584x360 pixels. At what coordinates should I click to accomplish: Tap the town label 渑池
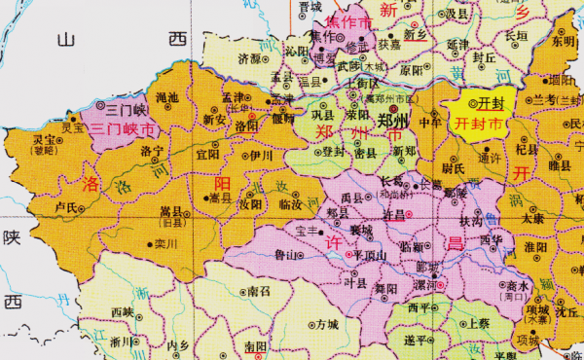click(168, 97)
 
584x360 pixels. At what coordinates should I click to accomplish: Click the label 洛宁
click(152, 153)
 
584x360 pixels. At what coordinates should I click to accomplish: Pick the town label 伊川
click(260, 154)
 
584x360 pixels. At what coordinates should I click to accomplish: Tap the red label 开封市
click(480, 125)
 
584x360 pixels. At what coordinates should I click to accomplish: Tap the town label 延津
click(457, 45)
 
